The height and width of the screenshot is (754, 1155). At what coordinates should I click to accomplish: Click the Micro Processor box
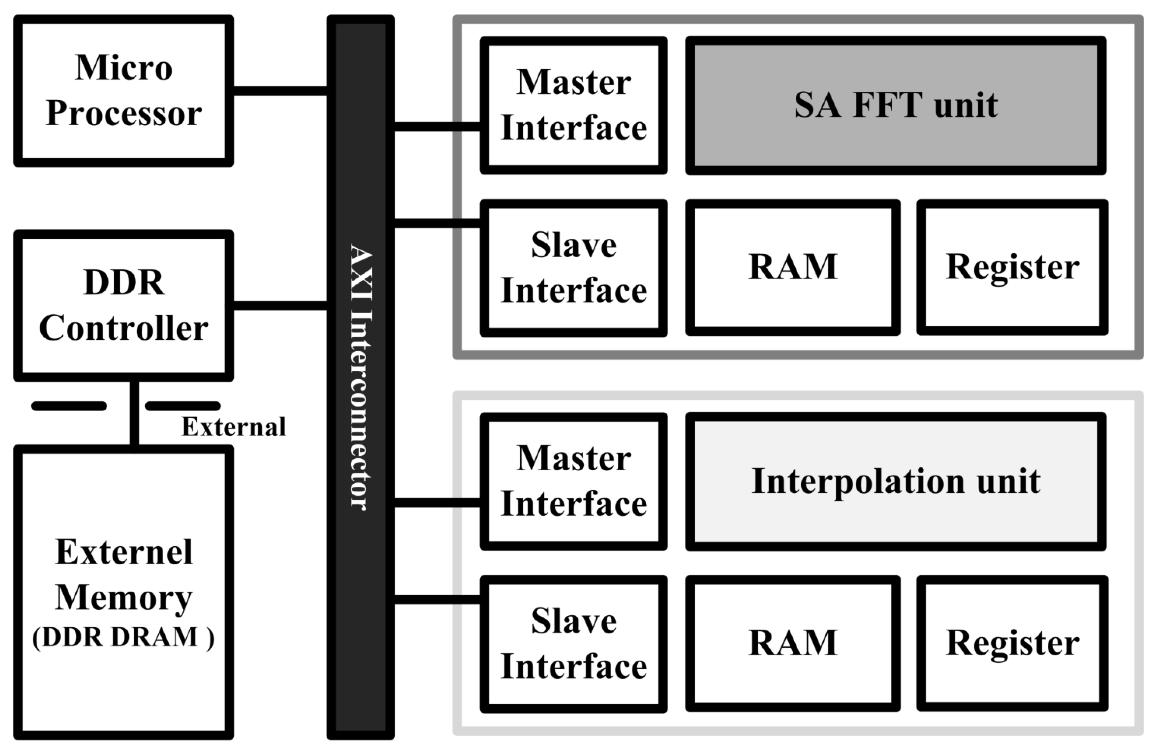click(x=123, y=91)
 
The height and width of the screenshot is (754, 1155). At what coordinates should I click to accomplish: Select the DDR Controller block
click(x=123, y=306)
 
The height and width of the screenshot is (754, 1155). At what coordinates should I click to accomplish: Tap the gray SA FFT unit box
click(x=895, y=105)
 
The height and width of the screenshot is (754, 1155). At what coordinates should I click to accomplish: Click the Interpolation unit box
click(x=895, y=481)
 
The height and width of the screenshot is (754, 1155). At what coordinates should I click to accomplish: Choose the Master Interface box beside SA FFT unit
click(x=574, y=105)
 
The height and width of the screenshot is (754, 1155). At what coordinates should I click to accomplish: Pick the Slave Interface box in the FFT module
click(x=574, y=268)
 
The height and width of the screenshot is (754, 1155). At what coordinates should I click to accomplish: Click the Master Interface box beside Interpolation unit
click(x=574, y=481)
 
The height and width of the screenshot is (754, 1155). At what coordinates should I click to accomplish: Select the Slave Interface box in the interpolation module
click(x=574, y=643)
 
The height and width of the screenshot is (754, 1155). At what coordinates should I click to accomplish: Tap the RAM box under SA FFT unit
click(x=793, y=267)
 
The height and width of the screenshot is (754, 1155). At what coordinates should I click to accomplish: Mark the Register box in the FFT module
click(x=1012, y=267)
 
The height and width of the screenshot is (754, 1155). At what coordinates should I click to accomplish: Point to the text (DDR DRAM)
click(x=123, y=637)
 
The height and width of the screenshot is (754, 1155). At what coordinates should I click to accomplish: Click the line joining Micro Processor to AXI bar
click(x=280, y=91)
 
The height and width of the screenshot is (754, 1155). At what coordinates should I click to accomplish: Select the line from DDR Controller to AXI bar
click(x=280, y=306)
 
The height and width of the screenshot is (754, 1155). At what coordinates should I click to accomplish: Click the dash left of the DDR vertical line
click(x=69, y=406)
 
